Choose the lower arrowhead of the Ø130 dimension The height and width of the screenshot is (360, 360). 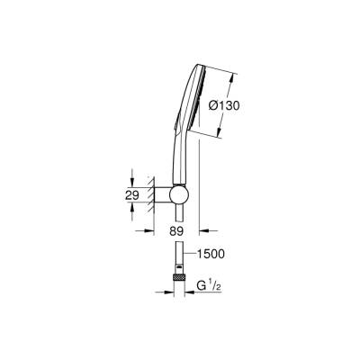point(220,133)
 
